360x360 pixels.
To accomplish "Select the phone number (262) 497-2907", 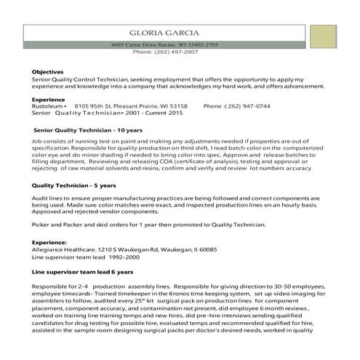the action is (x=177, y=52).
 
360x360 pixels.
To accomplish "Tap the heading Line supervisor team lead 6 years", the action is (x=73, y=271).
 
